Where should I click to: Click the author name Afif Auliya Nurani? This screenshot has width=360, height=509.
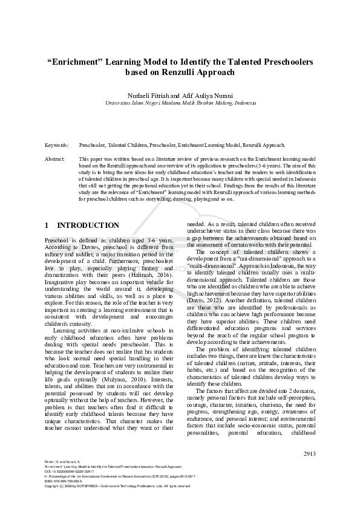point(199,96)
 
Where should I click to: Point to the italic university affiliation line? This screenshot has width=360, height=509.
point(180,103)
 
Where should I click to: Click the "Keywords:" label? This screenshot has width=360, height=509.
point(57,146)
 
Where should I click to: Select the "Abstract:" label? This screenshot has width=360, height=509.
point(55,158)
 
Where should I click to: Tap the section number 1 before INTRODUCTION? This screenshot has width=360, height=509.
point(47,225)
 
